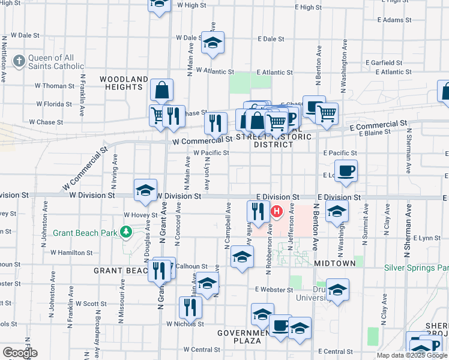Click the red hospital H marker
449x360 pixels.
click(x=277, y=211)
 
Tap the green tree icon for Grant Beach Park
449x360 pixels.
click(x=126, y=232)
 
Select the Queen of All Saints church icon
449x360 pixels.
click(x=19, y=61)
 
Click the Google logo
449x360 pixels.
click(x=20, y=353)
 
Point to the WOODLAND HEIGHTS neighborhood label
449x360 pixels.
click(x=124, y=83)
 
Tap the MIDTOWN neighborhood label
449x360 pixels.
click(x=334, y=263)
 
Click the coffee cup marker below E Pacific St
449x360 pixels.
click(x=346, y=171)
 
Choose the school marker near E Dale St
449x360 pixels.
click(x=212, y=43)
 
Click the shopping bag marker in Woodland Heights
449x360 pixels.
click(x=161, y=91)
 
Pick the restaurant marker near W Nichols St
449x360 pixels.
click(x=190, y=307)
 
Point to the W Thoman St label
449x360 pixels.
click(x=55, y=86)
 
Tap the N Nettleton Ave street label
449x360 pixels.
click(x=4, y=58)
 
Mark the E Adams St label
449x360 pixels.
click(x=394, y=20)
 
